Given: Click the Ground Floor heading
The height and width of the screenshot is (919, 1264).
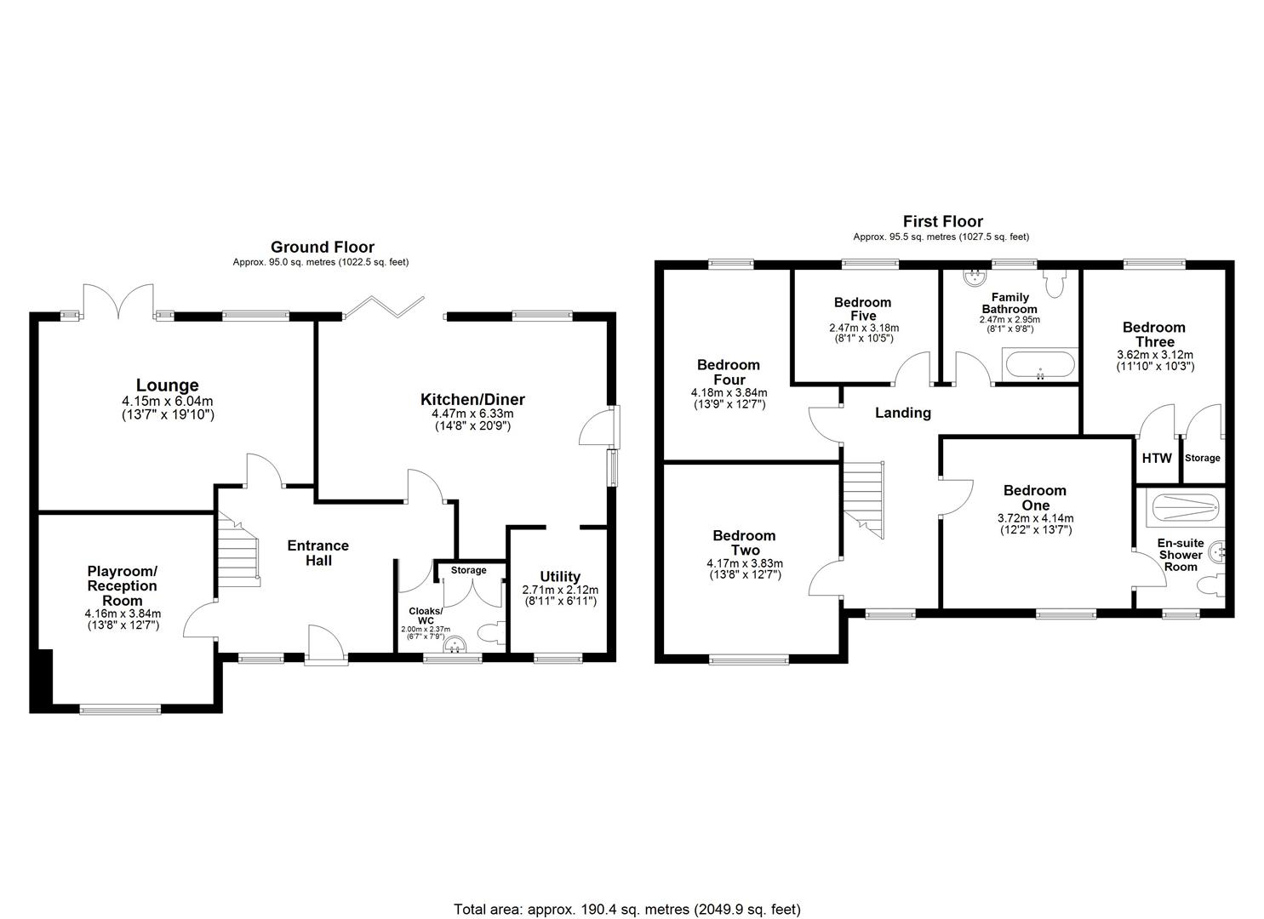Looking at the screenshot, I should pos(322,248).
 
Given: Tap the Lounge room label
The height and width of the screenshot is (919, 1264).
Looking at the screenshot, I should pos(167,385).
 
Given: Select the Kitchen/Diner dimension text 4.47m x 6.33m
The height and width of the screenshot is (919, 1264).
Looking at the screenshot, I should pos(472,414).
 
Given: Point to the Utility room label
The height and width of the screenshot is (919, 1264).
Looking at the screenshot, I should pos(559,576).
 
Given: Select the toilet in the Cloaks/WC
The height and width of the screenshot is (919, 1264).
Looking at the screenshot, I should pos(492,633).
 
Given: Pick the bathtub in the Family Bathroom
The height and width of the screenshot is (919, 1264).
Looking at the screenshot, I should pos(1038,366).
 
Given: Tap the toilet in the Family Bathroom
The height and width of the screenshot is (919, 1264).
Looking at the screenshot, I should pos(1055,284).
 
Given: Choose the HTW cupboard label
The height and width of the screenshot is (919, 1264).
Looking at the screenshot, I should pos(1157,458).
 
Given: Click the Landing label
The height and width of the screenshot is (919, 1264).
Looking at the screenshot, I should pos(903,413).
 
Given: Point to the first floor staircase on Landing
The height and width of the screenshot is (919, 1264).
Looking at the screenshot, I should pos(864,498).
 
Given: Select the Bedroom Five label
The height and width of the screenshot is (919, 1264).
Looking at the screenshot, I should pos(863,309).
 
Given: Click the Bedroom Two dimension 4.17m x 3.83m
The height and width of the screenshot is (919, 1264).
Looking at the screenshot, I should pos(744,563).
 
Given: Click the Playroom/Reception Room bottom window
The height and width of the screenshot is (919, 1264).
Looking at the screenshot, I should pos(120,708).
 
